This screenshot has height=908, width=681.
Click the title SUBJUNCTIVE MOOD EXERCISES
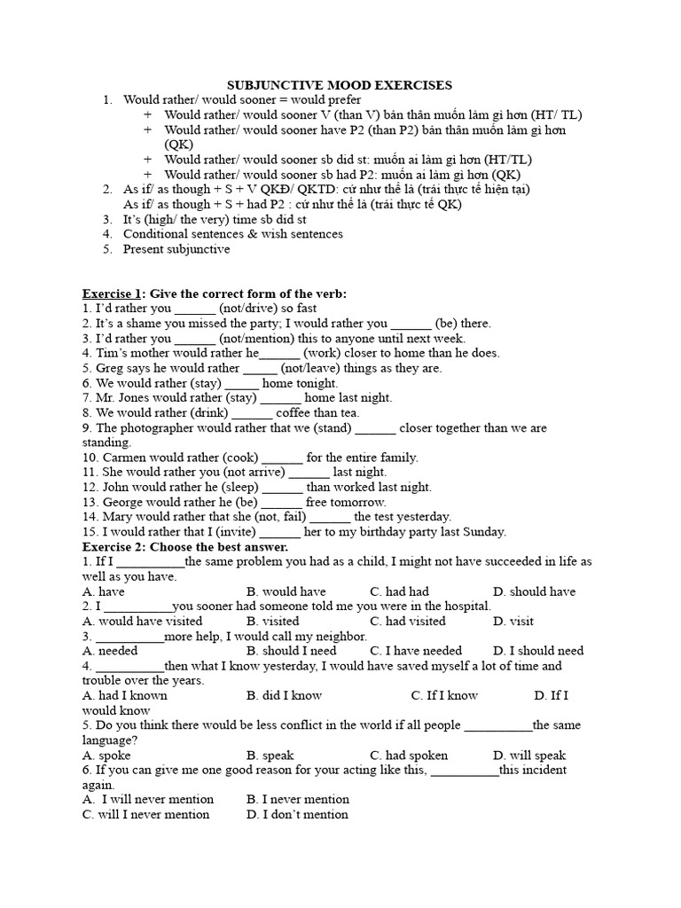tap(340, 85)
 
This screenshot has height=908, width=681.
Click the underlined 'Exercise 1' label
tap(113, 294)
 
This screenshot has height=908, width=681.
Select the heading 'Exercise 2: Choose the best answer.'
tap(173, 546)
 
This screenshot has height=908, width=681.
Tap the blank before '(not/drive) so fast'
tap(195, 309)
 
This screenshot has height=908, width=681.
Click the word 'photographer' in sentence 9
tap(156, 427)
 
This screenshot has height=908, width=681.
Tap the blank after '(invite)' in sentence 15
tap(280, 532)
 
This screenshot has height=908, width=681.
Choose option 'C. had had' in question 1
tap(399, 591)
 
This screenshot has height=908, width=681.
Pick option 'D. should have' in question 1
tap(534, 591)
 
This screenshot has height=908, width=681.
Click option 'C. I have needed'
tap(416, 651)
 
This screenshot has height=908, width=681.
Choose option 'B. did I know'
tap(284, 695)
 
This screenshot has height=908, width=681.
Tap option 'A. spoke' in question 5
tap(106, 755)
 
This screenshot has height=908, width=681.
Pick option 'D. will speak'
tap(529, 755)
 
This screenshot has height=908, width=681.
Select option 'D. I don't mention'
tap(297, 814)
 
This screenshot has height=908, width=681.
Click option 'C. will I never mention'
tap(146, 814)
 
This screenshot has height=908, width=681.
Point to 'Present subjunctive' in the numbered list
tap(176, 249)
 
